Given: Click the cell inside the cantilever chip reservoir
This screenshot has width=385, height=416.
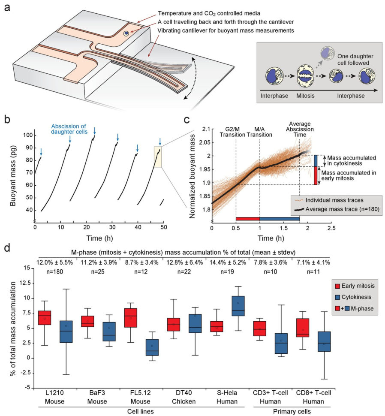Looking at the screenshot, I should click(x=126, y=33).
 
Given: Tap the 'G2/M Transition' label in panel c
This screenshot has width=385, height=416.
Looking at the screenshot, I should click(x=235, y=131).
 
